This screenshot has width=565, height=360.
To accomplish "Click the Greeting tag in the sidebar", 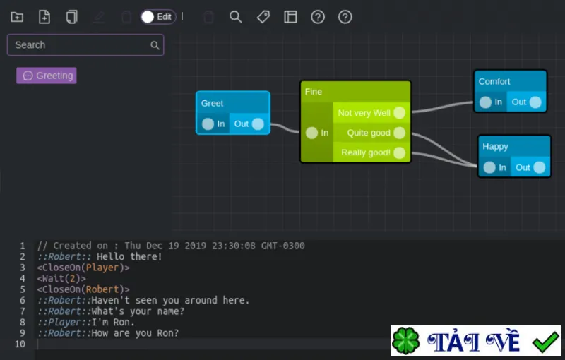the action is [x=47, y=76].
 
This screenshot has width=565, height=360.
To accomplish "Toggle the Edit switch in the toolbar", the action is [x=158, y=17].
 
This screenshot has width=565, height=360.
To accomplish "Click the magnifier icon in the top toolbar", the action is [x=235, y=17].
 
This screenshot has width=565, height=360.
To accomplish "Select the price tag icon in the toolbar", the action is [x=263, y=17].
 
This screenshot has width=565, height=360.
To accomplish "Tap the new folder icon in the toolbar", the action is [x=17, y=17].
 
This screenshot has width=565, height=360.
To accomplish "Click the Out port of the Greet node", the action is [x=258, y=124].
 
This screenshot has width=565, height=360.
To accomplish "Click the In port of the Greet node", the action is [x=208, y=124].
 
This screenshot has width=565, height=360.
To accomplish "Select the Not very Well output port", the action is [x=399, y=113].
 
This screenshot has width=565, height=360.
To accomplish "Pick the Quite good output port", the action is [x=399, y=133].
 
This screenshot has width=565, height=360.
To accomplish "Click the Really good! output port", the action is [x=399, y=152].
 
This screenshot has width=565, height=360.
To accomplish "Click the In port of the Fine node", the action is [x=311, y=133].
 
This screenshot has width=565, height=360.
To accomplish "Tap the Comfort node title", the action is [x=494, y=81].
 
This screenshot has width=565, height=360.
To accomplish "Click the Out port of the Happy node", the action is [x=540, y=167].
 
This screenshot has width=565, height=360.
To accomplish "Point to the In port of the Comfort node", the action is [x=485, y=102].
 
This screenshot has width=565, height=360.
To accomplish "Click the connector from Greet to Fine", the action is [x=285, y=128].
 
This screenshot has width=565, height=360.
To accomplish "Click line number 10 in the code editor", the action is [x=20, y=344].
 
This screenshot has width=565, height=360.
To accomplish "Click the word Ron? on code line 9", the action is [x=168, y=333].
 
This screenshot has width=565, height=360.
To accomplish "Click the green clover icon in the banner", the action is [x=405, y=340].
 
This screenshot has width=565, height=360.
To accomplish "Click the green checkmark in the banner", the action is [x=546, y=342].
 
